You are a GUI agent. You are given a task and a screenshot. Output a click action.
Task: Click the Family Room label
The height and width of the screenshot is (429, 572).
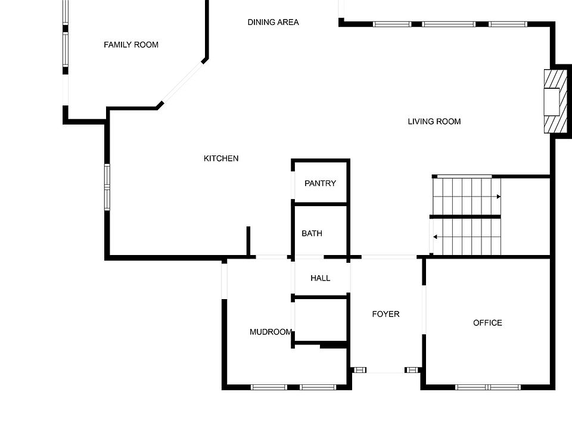point(131,45)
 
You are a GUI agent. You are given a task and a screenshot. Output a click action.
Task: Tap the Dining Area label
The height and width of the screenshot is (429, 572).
point(273,23)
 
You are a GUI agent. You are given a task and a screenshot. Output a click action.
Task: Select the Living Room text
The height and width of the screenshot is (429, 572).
point(434,122)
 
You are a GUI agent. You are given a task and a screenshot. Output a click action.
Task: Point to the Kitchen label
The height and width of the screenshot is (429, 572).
point(221,158)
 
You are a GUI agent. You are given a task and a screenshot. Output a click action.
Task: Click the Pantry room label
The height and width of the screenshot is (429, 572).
point(320,184)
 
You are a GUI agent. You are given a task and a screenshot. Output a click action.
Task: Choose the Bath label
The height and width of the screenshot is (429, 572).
point(312,234)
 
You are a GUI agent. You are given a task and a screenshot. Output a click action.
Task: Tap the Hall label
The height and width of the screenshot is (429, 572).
point(320,278)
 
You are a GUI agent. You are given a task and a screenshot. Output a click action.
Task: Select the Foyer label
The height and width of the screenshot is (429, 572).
point(386,314)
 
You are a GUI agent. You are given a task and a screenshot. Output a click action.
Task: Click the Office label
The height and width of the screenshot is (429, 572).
point(487,323)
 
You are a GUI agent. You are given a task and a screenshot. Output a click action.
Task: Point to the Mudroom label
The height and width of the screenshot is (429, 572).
point(271,332)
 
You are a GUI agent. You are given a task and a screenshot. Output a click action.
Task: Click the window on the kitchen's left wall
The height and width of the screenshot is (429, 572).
point(107,186)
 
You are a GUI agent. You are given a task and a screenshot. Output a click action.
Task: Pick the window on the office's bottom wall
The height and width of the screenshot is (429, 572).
point(488,387)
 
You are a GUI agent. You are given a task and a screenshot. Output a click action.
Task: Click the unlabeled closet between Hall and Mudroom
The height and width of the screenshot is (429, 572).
point(321,320)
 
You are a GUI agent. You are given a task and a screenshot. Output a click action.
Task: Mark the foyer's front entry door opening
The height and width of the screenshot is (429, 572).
point(386,371)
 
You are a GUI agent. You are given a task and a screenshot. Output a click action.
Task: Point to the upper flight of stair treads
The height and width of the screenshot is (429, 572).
point(465,195)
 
